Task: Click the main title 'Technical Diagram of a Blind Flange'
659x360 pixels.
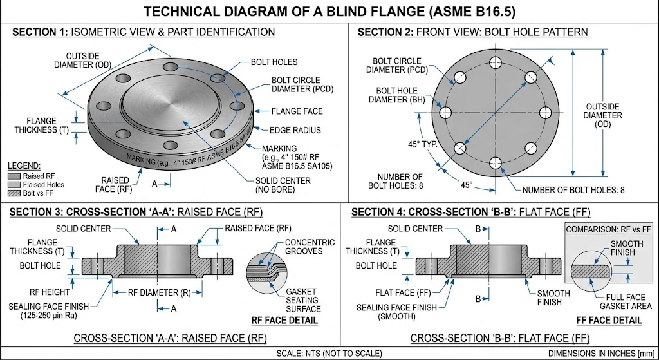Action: pyautogui.click(x=329, y=12)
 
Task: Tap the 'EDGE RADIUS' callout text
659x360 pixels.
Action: pyautogui.click(x=295, y=130)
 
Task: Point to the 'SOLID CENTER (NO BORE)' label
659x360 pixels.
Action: pyautogui.click(x=283, y=185)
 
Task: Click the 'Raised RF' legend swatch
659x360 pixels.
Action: pyautogui.click(x=14, y=176)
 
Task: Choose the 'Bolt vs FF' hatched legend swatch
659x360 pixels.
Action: pyautogui.click(x=14, y=193)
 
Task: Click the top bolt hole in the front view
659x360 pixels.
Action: pyautogui.click(x=494, y=62)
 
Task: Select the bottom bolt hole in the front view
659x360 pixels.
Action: pyautogui.click(x=494, y=163)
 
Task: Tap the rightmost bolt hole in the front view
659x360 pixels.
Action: pyautogui.click(x=544, y=113)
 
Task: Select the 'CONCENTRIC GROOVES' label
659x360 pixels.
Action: pyautogui.click(x=310, y=247)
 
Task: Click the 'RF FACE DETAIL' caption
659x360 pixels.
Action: pyautogui.click(x=285, y=320)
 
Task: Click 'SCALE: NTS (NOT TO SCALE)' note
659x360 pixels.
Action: pyautogui.click(x=329, y=354)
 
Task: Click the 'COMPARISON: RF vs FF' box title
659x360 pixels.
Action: pyautogui.click(x=608, y=229)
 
